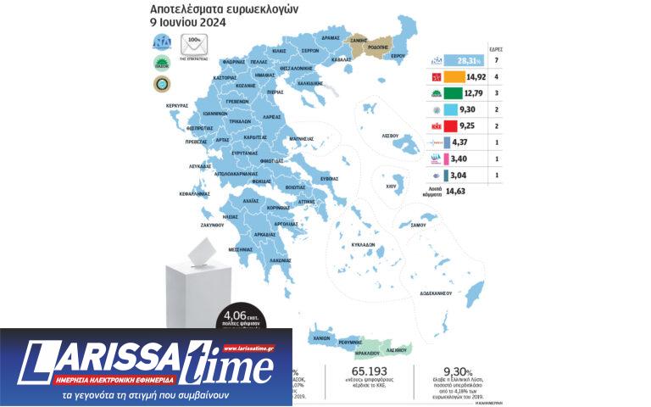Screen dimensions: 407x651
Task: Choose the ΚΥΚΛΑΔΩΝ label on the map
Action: click(363, 243)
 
